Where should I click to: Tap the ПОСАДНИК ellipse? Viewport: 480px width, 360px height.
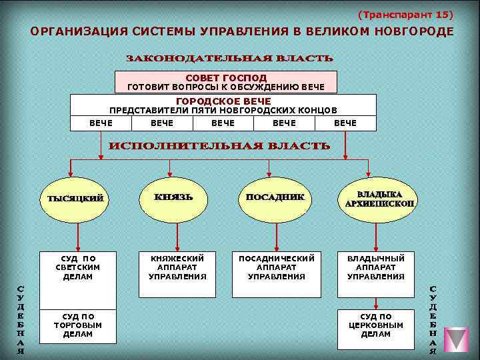[275, 198]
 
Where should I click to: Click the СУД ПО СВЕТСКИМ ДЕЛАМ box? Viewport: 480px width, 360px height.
[78, 267]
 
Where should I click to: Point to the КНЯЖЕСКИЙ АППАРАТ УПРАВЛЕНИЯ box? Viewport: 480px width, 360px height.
[177, 267]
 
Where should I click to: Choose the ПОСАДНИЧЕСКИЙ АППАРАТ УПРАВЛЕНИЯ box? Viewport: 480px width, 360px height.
[276, 267]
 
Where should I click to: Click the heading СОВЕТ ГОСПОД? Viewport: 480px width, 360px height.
[226, 78]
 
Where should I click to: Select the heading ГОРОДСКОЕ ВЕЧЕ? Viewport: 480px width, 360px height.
[223, 101]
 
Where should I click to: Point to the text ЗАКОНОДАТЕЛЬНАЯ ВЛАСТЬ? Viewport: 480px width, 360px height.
[230, 58]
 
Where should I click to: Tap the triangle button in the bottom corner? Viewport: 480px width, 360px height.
[456, 339]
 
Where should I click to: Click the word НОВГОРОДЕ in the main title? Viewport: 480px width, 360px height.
[414, 31]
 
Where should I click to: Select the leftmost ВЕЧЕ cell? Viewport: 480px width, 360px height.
[101, 123]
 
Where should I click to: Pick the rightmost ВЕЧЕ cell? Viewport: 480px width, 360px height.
[345, 123]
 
